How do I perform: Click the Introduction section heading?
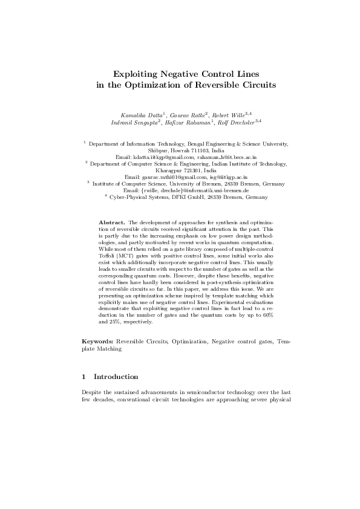pos(116,377)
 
